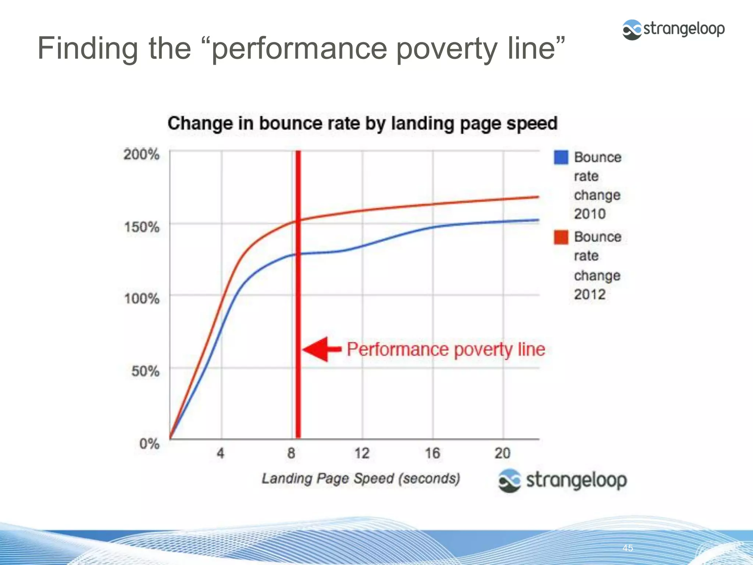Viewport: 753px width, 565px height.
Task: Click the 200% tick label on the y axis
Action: tap(142, 154)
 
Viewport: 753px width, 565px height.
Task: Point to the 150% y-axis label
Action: tap(142, 227)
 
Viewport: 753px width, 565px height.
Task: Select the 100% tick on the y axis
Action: tap(142, 298)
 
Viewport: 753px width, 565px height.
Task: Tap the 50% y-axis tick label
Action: tap(146, 371)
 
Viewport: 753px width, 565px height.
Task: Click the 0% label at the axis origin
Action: tap(149, 444)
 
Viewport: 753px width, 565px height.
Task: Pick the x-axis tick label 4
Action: tap(221, 453)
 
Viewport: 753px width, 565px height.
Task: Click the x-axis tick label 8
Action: tap(291, 453)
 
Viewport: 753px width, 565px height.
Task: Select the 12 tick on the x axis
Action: tap(362, 453)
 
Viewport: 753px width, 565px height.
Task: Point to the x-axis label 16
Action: tap(433, 453)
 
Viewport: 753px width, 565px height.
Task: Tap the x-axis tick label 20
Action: tap(503, 453)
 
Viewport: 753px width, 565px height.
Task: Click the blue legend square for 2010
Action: tap(561, 157)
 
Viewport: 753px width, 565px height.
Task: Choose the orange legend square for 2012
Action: tap(561, 237)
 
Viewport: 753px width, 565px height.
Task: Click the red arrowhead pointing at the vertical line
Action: tap(316, 349)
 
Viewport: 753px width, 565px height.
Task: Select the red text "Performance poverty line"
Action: tap(446, 349)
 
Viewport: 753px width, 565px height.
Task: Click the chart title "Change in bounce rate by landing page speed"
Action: tap(363, 123)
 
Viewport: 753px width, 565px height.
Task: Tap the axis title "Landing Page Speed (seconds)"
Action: tap(361, 479)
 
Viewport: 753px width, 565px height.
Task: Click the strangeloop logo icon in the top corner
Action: tap(632, 29)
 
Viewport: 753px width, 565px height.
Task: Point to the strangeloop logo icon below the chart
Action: tap(510, 480)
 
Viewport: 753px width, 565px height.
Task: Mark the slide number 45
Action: tap(628, 548)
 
